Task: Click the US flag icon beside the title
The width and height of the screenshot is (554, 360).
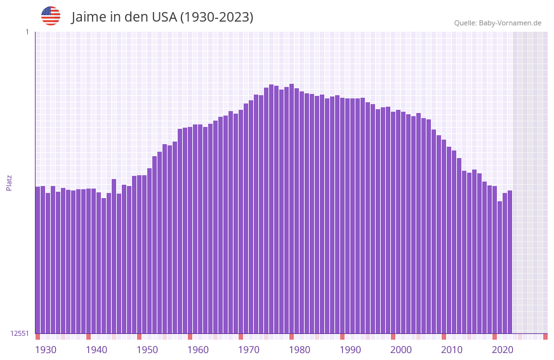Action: [51, 16]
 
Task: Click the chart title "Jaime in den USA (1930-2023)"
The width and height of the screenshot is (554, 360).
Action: [162, 17]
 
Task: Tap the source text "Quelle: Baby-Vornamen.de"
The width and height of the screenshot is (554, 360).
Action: [498, 23]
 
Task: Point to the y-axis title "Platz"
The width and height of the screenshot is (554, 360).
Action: [9, 182]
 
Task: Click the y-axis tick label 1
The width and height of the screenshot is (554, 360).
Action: [27, 32]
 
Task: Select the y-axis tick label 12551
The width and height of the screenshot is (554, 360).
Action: [19, 333]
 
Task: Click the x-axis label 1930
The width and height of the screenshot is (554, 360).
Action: [46, 350]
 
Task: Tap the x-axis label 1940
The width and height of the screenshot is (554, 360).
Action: [96, 350]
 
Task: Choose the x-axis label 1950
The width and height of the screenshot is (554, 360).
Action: [147, 350]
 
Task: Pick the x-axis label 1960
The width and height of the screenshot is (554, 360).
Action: [198, 350]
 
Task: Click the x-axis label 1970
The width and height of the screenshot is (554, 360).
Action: [249, 350]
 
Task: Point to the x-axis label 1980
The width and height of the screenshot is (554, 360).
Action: [300, 350]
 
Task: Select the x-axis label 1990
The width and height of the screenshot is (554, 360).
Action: [350, 350]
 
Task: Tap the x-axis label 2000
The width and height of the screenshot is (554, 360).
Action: [401, 350]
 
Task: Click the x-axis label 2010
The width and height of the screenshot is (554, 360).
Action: [452, 350]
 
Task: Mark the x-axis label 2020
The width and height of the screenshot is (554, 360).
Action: [503, 350]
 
